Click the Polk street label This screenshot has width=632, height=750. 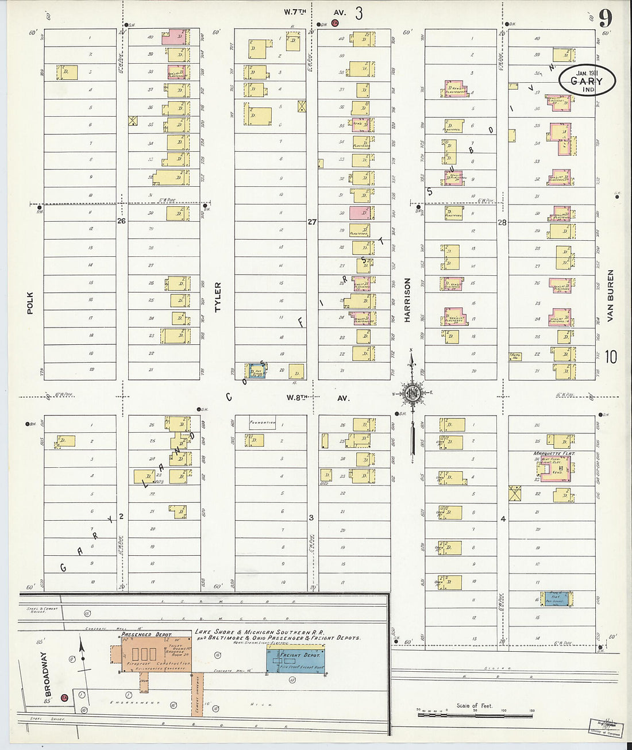[x=30, y=303]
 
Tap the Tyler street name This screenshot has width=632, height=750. [x=218, y=297]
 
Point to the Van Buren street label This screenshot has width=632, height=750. [x=610, y=295]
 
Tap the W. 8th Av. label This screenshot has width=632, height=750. [x=318, y=398]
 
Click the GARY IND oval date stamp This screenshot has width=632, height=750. [x=587, y=82]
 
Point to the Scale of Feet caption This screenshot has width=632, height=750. [x=474, y=706]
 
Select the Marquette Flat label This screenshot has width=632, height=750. [x=554, y=453]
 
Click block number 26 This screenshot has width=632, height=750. [x=121, y=221]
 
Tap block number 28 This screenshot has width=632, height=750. [x=502, y=222]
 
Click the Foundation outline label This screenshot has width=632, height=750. [x=262, y=423]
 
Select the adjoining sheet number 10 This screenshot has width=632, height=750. [x=611, y=357]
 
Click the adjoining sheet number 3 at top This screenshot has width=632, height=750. [x=359, y=13]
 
